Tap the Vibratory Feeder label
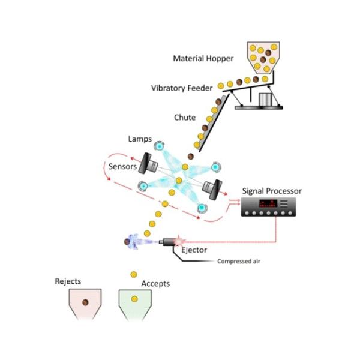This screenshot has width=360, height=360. click(x=181, y=88)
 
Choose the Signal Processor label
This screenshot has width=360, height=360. click(x=272, y=191)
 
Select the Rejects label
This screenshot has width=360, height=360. click(x=68, y=281)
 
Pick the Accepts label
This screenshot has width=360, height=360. click(x=155, y=283)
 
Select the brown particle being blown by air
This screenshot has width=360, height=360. click(x=127, y=242)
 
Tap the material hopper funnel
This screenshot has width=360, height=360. click(x=263, y=55)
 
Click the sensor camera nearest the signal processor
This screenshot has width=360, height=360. click(x=211, y=188)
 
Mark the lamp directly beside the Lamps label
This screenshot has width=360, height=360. click(x=159, y=146)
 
